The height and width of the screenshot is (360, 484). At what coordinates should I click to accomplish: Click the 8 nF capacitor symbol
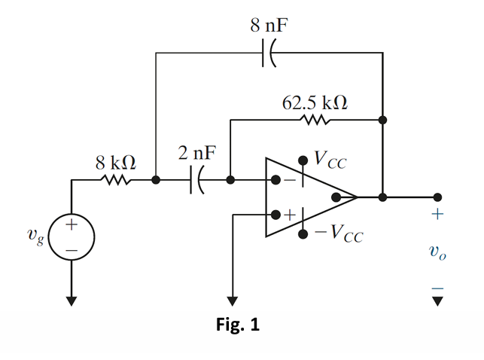point(269,53)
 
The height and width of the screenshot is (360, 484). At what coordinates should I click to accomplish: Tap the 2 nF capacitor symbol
point(196,181)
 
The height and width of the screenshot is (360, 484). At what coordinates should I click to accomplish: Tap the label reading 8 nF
point(269,25)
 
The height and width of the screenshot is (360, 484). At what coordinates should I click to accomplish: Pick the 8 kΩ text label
point(116,161)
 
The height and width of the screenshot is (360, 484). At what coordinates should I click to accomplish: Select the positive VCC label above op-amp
point(331,159)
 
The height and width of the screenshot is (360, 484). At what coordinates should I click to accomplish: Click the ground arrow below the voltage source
point(71,300)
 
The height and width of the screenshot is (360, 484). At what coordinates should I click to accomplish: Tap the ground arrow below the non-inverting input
point(232,300)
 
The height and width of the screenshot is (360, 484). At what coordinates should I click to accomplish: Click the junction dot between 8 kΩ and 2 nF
point(155,181)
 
